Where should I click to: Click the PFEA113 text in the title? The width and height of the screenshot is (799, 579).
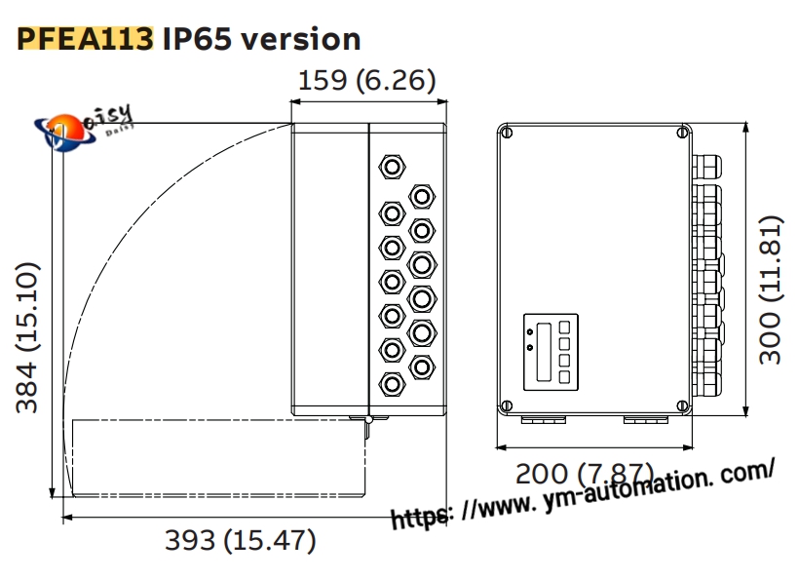pyautogui.click(x=85, y=39)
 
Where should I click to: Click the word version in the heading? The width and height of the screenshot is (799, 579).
pyautogui.click(x=301, y=39)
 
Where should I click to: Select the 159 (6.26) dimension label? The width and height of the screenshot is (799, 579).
pyautogui.click(x=367, y=81)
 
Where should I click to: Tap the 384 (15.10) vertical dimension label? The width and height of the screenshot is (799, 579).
pyautogui.click(x=27, y=337)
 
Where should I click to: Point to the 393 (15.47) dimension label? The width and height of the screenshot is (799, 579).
pyautogui.click(x=240, y=540)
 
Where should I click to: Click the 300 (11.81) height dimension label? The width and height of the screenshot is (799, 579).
pyautogui.click(x=770, y=290)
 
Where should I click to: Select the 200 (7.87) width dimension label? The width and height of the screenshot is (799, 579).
pyautogui.click(x=584, y=474)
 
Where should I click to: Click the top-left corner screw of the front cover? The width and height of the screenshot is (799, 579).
pyautogui.click(x=507, y=133)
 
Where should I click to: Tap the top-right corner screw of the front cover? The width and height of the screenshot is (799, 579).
pyautogui.click(x=682, y=133)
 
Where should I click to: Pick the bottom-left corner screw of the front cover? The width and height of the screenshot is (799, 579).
pyautogui.click(x=507, y=406)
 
